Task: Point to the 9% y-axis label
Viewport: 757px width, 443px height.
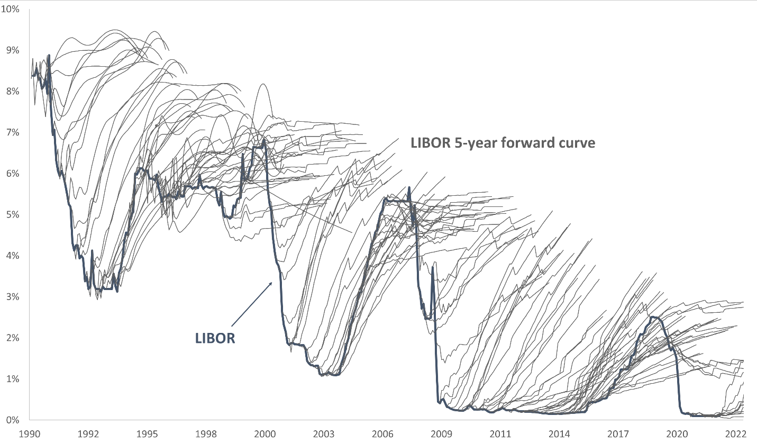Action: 12,50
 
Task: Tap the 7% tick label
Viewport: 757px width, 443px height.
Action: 12,132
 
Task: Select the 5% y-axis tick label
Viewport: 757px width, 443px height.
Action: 12,215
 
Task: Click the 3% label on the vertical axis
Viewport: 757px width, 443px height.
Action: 12,297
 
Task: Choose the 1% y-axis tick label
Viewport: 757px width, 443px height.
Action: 12,379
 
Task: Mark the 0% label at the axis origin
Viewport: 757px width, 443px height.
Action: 12,420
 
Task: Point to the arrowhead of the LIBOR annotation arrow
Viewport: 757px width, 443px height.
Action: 271,283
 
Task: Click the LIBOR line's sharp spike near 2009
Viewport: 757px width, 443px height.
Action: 433,267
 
